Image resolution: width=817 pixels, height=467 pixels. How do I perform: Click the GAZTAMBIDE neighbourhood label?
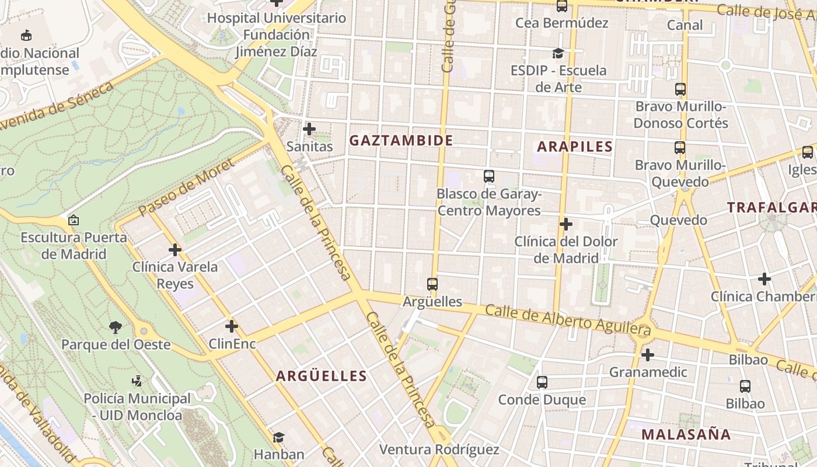pos(401,141)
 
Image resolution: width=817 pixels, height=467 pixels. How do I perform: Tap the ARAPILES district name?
pos(575,147)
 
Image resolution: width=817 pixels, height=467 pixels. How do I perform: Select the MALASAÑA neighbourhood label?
pos(686,434)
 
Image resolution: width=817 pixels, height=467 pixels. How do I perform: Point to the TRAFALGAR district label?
pos(771,207)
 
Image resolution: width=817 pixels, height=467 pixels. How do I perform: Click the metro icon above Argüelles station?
pos(432,284)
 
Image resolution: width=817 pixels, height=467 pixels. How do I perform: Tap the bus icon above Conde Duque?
pos(542,382)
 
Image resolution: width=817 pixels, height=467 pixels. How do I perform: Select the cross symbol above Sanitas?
pos(309,129)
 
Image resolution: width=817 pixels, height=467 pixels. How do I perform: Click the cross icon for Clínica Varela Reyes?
pos(175,250)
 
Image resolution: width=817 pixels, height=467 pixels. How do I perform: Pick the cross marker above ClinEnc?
pos(232,326)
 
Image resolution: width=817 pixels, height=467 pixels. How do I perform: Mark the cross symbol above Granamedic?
pos(647,354)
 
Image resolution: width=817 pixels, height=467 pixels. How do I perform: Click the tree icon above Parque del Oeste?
pos(116,327)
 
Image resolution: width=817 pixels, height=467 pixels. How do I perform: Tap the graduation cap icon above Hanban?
pos(278,437)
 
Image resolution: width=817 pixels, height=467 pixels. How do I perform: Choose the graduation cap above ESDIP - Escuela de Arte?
pos(558,54)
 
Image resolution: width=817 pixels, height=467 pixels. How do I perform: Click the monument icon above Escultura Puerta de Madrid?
pos(74,221)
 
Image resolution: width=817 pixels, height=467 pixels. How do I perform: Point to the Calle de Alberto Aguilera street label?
pos(567,319)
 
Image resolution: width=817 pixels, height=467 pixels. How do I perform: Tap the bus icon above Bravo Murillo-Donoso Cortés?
pos(680,89)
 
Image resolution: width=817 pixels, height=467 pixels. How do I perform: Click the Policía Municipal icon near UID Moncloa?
pos(137,381)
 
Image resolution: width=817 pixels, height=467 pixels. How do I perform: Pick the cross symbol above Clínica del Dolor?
pos(565,224)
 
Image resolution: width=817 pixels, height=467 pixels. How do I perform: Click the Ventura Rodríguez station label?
pos(439,449)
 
